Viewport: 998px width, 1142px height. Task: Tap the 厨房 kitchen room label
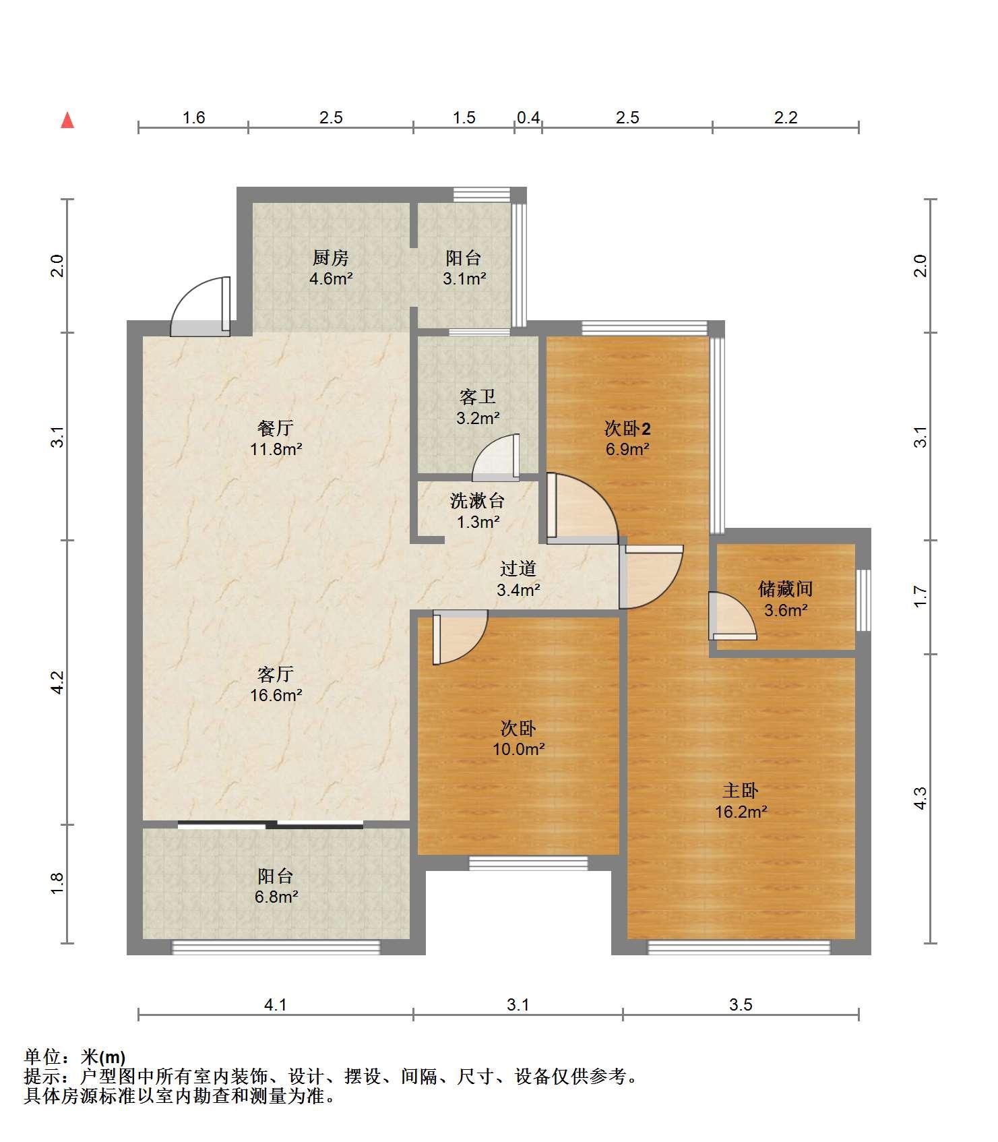coord(330,258)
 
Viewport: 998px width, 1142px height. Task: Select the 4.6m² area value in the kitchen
coord(331,278)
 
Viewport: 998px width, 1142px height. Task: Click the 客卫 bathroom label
coord(477,397)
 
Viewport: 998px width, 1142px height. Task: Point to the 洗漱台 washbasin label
coord(477,501)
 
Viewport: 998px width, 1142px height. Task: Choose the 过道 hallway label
coord(518,569)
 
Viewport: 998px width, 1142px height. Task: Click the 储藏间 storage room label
coord(785,589)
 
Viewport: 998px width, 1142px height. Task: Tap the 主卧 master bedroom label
coord(741,790)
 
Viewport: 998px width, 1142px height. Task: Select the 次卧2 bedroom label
coord(627,428)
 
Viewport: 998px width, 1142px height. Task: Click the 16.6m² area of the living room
coord(276,695)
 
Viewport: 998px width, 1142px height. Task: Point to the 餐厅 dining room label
coord(276,427)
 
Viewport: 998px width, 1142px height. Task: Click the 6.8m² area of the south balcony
coord(276,897)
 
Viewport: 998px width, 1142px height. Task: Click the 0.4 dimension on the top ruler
coord(528,118)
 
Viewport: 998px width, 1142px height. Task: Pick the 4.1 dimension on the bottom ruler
coord(276,1005)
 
